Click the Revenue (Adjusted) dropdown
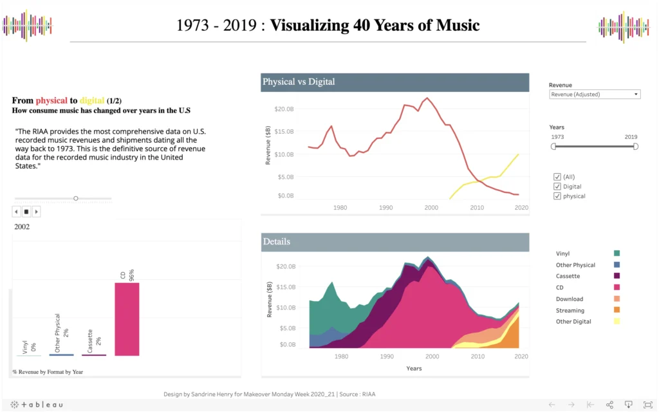(x=595, y=95)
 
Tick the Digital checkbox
(x=557, y=187)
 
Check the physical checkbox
(x=557, y=196)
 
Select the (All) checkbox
(x=557, y=177)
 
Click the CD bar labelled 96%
(x=127, y=319)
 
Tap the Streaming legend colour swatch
(x=617, y=311)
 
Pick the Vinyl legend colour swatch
(x=617, y=254)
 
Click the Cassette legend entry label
(x=568, y=277)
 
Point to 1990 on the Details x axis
(x=386, y=356)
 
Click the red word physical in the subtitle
(x=51, y=101)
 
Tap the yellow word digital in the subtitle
(x=92, y=101)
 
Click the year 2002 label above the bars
(x=22, y=226)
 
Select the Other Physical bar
(x=61, y=354)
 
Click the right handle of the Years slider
(x=635, y=147)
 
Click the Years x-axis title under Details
(x=414, y=369)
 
